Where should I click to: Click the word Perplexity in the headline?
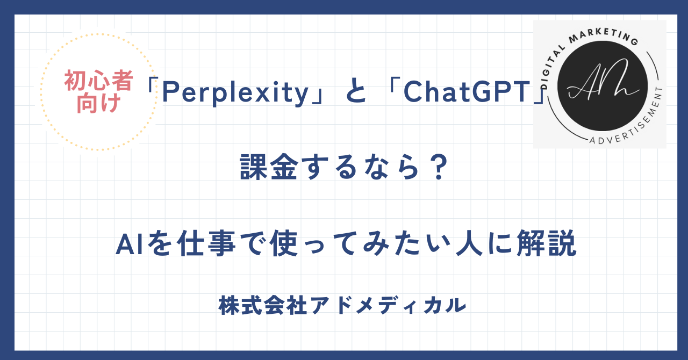point(235,93)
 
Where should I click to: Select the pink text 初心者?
point(98,81)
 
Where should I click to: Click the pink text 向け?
point(98,103)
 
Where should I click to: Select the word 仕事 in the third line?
point(206,243)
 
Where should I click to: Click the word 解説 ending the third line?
point(547,243)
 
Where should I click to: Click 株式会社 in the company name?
point(263,305)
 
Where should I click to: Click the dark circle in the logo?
point(603,85)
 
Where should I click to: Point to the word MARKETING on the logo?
point(604,37)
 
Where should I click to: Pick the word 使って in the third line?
point(312,243)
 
